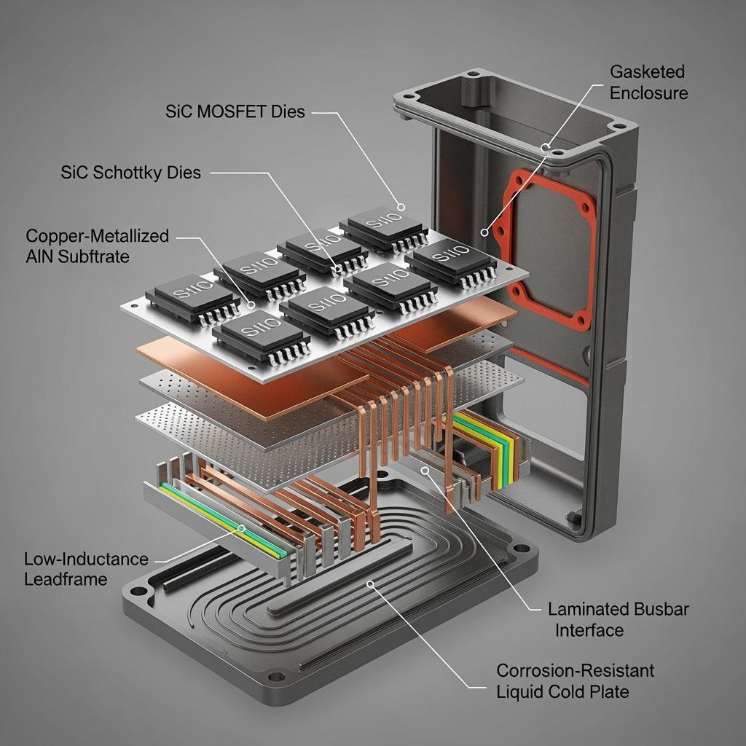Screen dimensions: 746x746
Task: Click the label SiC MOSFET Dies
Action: pyautogui.click(x=235, y=112)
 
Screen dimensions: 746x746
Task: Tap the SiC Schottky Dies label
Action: pyautogui.click(x=130, y=173)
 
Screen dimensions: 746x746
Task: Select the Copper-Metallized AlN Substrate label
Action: pyautogui.click(x=97, y=246)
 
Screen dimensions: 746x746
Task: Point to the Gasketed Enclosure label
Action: pyautogui.click(x=648, y=82)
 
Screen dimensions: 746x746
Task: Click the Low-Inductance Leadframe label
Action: pyautogui.click(x=85, y=569)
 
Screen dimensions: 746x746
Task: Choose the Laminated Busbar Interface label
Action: pyautogui.click(x=619, y=619)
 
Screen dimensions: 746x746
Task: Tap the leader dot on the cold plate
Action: pyautogui.click(x=371, y=583)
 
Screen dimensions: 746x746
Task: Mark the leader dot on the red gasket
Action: pyautogui.click(x=484, y=232)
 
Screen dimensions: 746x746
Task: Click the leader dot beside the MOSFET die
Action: pyautogui.click(x=400, y=206)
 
